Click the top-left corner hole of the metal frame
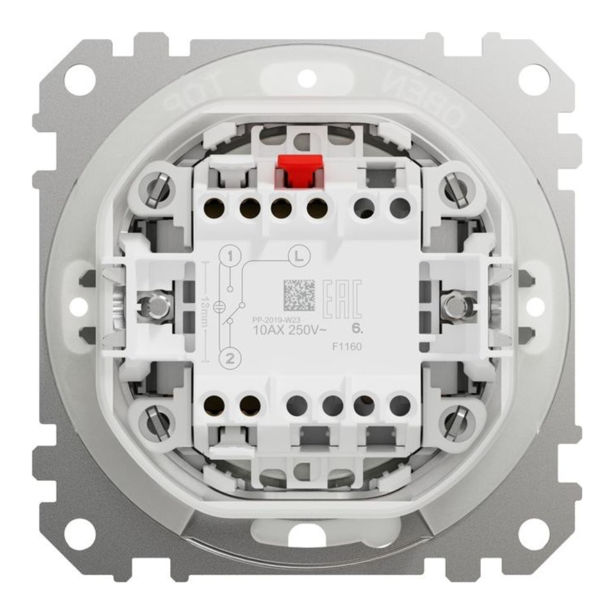[x=79, y=80]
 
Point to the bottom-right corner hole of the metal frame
[x=534, y=534]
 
